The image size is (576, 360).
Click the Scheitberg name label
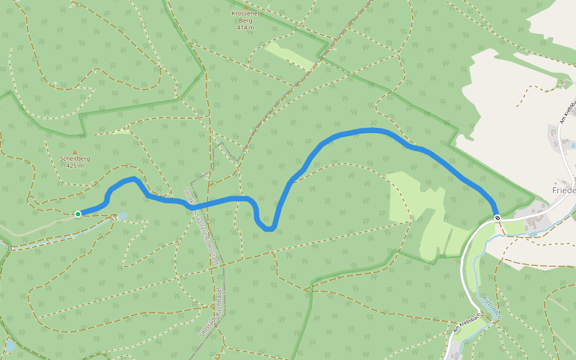click(x=75, y=159)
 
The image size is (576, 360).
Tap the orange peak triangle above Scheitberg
click(x=75, y=152)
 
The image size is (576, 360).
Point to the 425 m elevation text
click(x=75, y=166)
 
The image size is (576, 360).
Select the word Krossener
click(x=245, y=13)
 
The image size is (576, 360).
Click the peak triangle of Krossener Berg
click(x=245, y=7)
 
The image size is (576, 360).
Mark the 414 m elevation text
click(x=245, y=28)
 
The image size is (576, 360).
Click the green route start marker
click(x=78, y=214)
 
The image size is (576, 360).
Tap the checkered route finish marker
click(x=497, y=217)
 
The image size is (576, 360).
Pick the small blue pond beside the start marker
click(x=122, y=215)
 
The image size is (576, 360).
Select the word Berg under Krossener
click(x=245, y=20)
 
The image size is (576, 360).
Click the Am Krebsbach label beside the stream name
click(x=467, y=323)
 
